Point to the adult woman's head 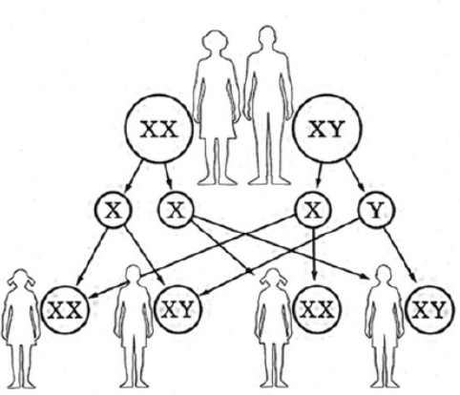pos(216,41)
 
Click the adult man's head pos(266,37)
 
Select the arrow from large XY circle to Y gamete pos(355,176)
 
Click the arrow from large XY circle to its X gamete pos(319,176)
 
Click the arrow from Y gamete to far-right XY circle pos(400,255)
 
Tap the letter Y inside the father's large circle pos(337,130)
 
